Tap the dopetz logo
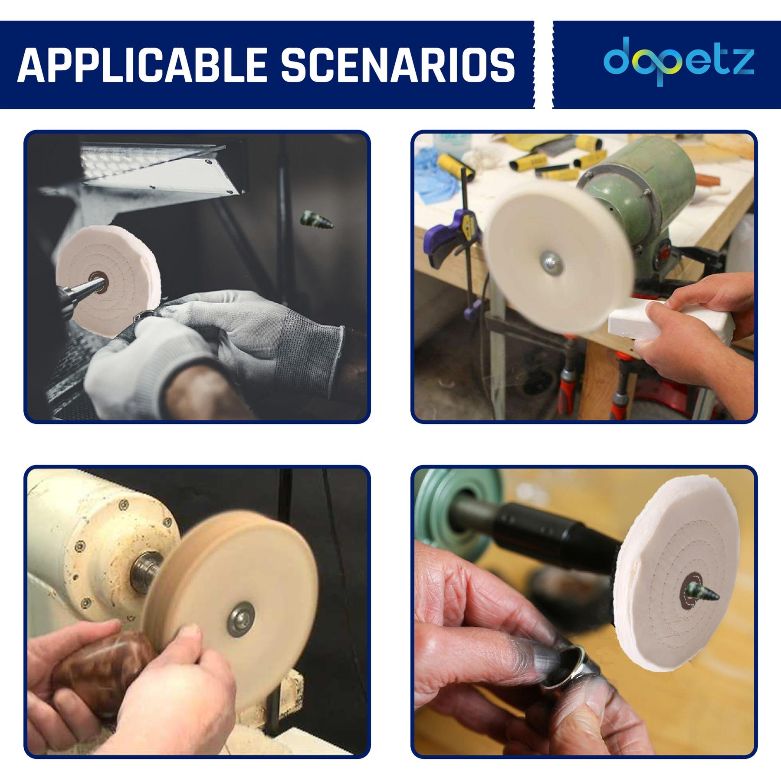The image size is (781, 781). click(679, 61)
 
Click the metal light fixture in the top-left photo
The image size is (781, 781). click(161, 167)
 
